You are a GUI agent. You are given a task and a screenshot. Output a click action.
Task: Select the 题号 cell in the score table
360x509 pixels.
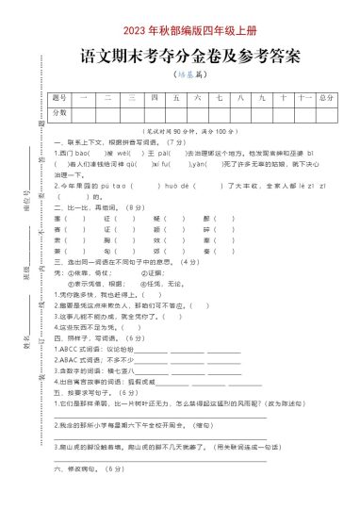click(59, 97)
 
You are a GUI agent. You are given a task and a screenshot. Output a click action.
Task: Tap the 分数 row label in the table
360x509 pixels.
click(59, 112)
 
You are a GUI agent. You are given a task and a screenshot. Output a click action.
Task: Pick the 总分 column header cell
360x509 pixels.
click(326, 97)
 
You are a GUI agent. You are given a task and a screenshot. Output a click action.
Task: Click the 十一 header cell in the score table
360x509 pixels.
click(303, 97)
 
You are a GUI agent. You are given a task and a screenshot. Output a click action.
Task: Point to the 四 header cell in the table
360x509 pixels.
click(153, 97)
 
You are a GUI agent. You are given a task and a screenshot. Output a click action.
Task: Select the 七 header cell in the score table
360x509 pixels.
click(219, 97)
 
